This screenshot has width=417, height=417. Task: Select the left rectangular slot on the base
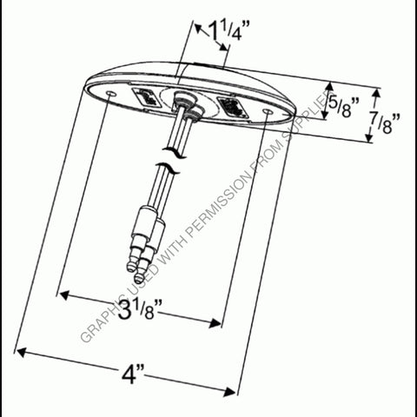145,97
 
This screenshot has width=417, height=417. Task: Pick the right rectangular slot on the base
231,109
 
